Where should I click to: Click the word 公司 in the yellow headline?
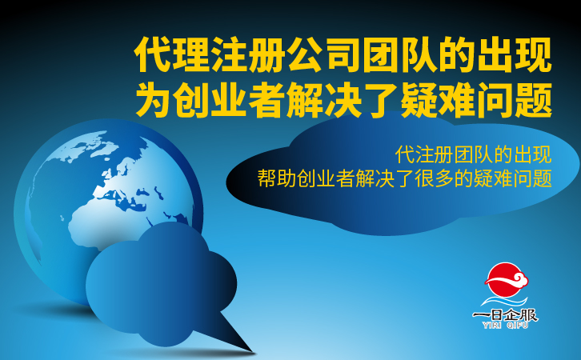point(325,55)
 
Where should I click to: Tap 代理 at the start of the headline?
point(171,55)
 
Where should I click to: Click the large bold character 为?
point(153,100)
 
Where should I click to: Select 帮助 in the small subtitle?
point(276,178)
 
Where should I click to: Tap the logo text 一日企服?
point(505,315)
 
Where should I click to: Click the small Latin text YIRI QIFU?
point(505,325)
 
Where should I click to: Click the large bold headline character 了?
point(380,100)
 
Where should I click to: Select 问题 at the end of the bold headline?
point(515,100)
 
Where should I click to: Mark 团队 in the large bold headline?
point(401,55)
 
